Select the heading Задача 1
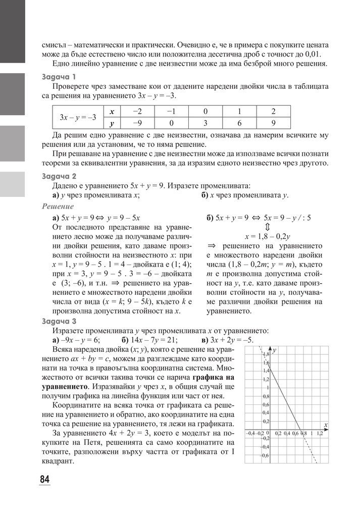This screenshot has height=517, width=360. (60, 77)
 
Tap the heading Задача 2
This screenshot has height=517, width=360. (60, 176)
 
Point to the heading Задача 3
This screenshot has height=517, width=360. (60, 321)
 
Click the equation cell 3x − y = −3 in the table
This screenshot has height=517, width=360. (78, 117)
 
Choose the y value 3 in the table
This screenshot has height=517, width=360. (205, 123)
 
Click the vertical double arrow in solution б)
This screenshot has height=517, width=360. (267, 227)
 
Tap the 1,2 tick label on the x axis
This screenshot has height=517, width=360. (320, 433)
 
